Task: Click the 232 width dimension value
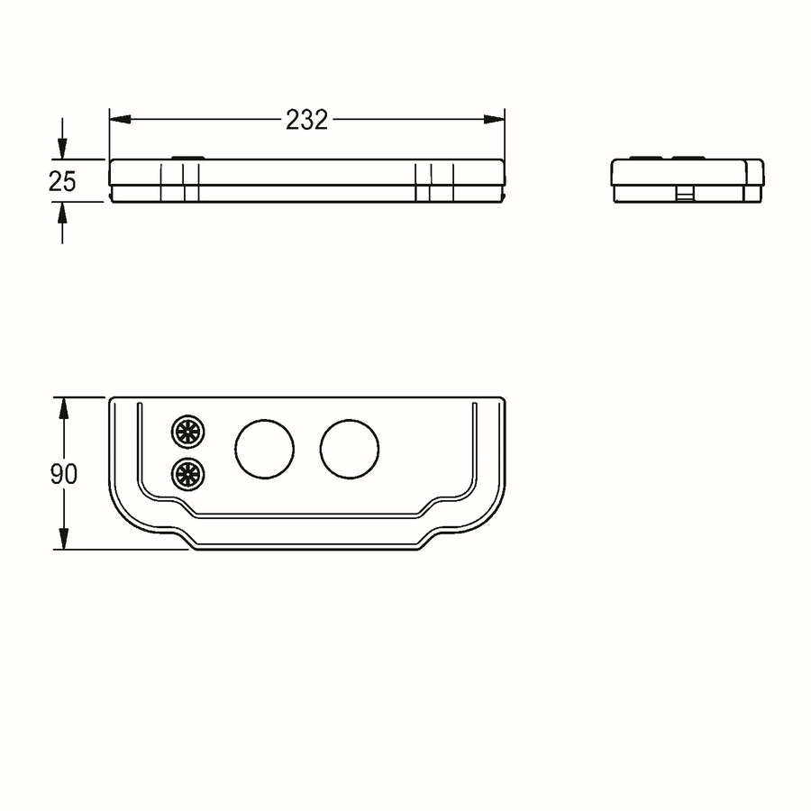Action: pos(306,120)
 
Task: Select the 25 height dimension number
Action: pos(62,181)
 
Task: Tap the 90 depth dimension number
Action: pos(64,474)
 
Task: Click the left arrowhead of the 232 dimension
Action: pos(120,120)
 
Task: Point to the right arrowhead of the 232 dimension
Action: pos(494,120)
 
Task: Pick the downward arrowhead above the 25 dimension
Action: pos(62,149)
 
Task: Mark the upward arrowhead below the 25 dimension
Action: pos(62,212)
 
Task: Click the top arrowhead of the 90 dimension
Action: pos(64,407)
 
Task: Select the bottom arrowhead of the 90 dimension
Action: pos(64,539)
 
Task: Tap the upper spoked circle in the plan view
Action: pos(187,431)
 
